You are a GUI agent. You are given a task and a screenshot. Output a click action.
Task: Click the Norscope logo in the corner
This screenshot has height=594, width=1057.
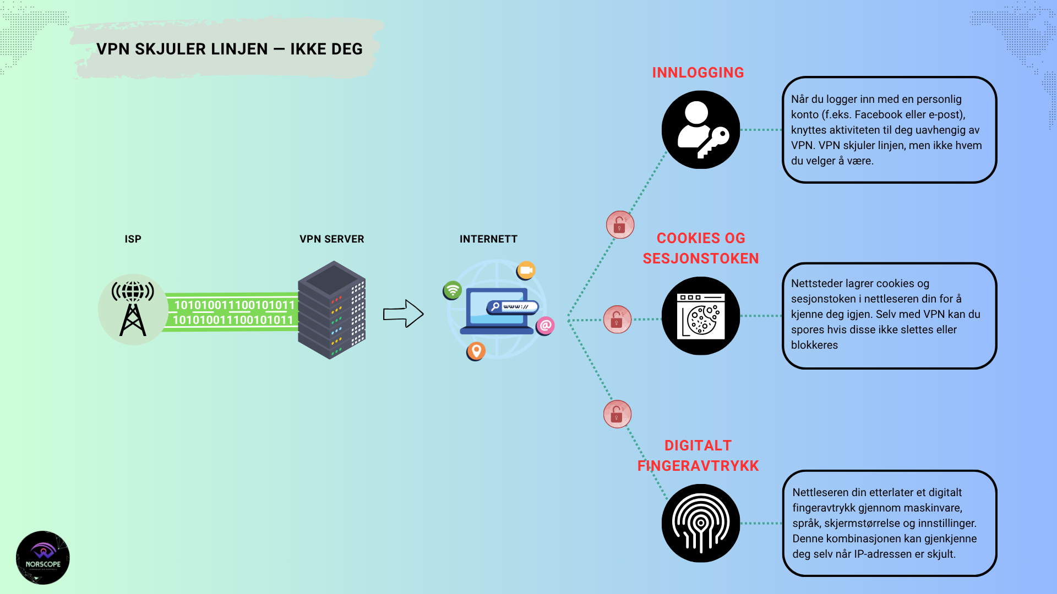tap(43, 557)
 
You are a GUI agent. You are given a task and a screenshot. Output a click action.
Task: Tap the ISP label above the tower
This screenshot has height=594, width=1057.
tap(133, 239)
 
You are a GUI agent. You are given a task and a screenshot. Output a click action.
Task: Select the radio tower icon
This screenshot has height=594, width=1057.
tap(133, 309)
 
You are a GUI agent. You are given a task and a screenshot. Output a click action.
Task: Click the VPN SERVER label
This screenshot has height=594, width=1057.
tap(331, 239)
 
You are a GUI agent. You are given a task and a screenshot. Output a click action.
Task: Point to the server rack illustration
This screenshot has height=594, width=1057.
tap(332, 310)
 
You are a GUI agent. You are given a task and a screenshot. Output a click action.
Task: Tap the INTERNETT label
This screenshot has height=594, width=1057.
tap(488, 239)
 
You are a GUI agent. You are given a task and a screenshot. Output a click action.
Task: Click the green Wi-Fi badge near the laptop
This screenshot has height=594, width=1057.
tap(453, 290)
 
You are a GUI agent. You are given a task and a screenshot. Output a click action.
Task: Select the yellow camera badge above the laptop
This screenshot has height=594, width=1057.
tap(526, 270)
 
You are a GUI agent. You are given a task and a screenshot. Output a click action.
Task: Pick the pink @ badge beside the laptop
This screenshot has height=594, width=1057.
tap(546, 326)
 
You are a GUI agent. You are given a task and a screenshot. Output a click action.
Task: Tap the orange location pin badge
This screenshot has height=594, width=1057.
tap(476, 350)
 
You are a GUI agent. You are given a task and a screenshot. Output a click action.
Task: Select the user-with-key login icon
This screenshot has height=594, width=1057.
tap(700, 130)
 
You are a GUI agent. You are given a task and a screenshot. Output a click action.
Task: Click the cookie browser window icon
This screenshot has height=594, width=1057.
tap(700, 316)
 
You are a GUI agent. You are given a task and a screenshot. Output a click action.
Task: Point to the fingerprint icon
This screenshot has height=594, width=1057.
tap(700, 523)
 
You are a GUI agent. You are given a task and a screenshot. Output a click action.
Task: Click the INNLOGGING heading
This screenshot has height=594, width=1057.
tap(698, 73)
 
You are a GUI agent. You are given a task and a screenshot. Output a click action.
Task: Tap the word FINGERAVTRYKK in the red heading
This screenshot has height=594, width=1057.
tap(698, 466)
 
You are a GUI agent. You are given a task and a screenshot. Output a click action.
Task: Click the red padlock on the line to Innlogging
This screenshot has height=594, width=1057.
tap(620, 224)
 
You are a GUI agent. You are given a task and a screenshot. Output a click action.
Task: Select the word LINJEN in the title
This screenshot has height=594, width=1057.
tap(229, 50)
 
